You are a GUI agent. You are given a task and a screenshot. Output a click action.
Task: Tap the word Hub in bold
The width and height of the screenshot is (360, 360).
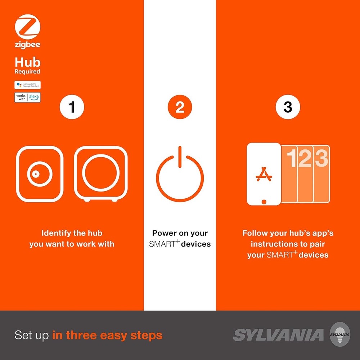pyautogui.click(x=27, y=62)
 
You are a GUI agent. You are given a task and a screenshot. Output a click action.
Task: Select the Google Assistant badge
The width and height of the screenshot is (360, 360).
pyautogui.click(x=27, y=85)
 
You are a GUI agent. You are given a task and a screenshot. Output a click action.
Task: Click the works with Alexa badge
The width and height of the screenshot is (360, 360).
pyautogui.click(x=27, y=97)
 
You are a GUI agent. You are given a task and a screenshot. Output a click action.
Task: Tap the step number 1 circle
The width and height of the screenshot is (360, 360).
pyautogui.click(x=72, y=107)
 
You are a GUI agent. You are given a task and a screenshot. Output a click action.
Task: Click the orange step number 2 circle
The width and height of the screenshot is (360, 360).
pyautogui.click(x=180, y=107)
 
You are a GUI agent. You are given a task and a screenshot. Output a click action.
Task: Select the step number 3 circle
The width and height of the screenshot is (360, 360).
pyautogui.click(x=288, y=107)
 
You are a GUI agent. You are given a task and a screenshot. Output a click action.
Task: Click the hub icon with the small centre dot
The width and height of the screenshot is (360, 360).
pyautogui.click(x=40, y=174)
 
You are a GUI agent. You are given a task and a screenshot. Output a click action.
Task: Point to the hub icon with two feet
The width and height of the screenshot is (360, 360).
pyautogui.click(x=100, y=174)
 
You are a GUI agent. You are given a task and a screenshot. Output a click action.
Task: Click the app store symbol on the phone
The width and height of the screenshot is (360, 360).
pyautogui.click(x=264, y=174)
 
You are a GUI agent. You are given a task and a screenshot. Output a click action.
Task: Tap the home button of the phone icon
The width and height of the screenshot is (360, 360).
pyautogui.click(x=264, y=201)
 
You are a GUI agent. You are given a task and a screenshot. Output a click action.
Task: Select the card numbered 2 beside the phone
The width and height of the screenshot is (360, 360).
pyautogui.click(x=305, y=174)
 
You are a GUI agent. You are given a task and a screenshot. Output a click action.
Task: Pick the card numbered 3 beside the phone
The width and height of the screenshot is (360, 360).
pyautogui.click(x=321, y=174)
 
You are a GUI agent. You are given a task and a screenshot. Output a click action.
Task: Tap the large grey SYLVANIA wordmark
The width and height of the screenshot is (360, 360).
pyautogui.click(x=278, y=335)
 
